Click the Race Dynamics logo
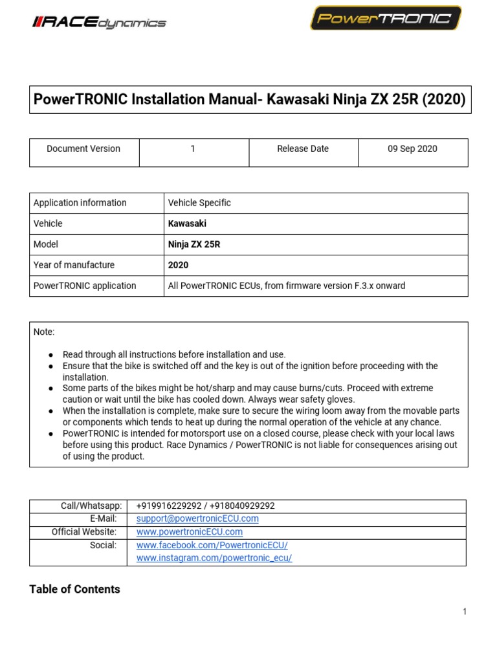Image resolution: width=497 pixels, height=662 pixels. click(99, 23)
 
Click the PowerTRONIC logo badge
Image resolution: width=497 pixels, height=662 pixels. click(386, 18)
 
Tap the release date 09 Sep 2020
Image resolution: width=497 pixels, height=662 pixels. click(412, 149)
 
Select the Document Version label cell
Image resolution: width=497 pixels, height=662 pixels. click(83, 149)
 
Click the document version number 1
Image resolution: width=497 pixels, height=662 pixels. click(193, 149)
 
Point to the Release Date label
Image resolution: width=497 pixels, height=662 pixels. click(303, 149)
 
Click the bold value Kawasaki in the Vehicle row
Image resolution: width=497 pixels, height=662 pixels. click(187, 224)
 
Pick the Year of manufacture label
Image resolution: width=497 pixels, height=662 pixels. click(74, 265)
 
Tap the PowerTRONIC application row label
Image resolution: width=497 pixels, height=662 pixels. click(85, 286)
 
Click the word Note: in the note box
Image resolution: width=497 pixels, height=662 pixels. click(44, 332)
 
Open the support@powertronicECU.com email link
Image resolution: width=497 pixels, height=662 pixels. click(197, 518)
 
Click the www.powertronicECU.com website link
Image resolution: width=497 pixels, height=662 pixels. click(190, 532)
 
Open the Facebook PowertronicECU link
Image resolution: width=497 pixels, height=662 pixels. click(212, 546)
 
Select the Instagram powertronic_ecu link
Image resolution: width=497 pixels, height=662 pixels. click(214, 559)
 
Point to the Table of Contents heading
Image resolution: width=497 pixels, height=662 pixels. click(74, 590)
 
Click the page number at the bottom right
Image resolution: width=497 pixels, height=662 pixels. click(465, 612)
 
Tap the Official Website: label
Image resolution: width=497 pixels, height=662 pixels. click(84, 532)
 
